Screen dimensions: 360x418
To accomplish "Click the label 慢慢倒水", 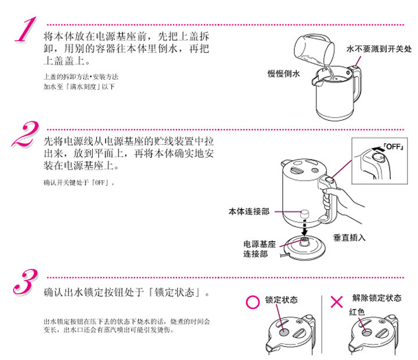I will click(x=283, y=74).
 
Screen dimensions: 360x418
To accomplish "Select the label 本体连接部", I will click(x=248, y=212).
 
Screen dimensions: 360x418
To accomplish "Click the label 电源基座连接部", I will click(x=260, y=249).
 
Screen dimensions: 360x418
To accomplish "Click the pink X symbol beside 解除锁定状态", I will click(x=337, y=301).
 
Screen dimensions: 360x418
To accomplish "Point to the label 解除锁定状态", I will click(x=376, y=298).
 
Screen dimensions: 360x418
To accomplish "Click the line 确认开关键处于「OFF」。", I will click(x=80, y=183).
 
